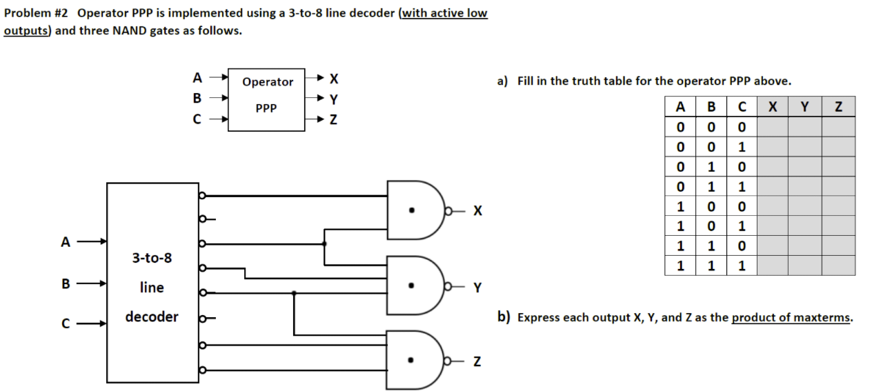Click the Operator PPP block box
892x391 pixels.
click(x=266, y=99)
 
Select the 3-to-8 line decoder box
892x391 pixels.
click(x=152, y=283)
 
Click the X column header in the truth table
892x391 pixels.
click(x=772, y=107)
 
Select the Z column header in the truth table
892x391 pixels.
click(x=838, y=107)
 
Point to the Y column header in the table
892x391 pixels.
click(x=804, y=107)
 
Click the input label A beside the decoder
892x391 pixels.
click(x=66, y=242)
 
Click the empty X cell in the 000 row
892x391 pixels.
click(x=772, y=127)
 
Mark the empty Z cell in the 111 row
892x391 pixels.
click(x=838, y=265)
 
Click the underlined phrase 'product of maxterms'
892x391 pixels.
click(x=791, y=318)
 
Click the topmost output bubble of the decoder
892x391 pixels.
click(x=202, y=196)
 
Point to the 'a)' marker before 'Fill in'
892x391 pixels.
click(x=503, y=81)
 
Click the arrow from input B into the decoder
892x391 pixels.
click(x=92, y=283)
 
